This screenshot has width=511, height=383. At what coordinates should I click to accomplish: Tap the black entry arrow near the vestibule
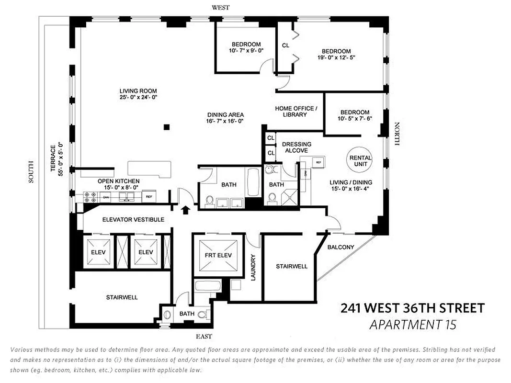click(186, 208)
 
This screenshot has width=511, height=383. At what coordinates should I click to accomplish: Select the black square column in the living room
click(166, 127)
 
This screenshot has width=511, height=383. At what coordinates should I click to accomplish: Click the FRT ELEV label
click(218, 255)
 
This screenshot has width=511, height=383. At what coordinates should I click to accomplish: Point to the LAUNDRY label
click(253, 267)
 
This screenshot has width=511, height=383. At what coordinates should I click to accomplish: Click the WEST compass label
click(221, 7)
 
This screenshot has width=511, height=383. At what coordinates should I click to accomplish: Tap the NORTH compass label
click(397, 134)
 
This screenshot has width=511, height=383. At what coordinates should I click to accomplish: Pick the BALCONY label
click(341, 247)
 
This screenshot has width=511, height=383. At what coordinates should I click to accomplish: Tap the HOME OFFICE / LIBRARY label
click(295, 112)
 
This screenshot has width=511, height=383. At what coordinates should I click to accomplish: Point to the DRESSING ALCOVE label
click(296, 147)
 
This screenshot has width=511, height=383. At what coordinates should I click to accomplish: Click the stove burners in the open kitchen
click(90, 195)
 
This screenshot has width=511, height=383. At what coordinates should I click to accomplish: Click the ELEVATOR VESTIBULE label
click(133, 220)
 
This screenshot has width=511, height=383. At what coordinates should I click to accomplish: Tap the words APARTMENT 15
click(413, 325)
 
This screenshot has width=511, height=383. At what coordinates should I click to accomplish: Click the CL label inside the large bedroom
click(286, 45)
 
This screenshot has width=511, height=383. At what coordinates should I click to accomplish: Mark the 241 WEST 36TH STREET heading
click(412, 308)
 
